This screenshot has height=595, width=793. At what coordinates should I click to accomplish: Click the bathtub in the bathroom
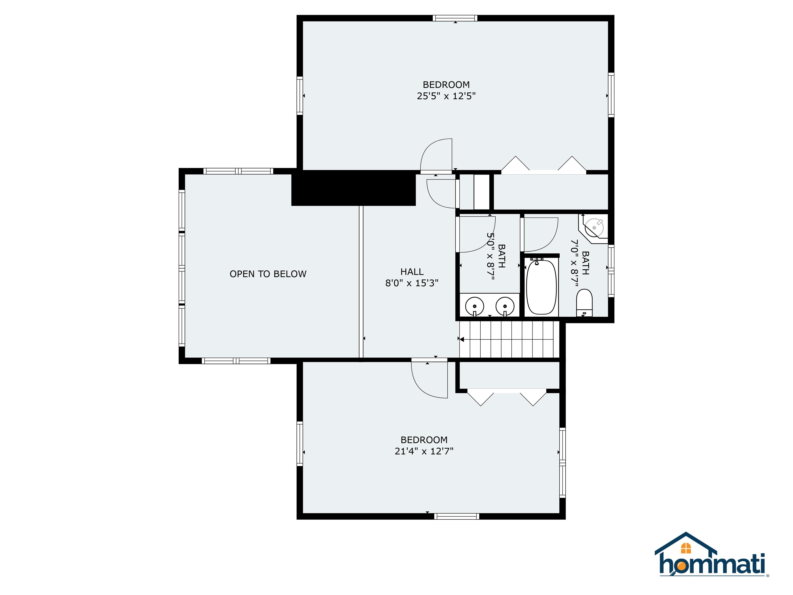(x=541, y=287)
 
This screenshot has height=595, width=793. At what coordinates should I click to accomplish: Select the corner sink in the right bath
(x=595, y=227)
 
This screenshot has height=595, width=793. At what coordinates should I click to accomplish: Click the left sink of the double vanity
(x=475, y=306)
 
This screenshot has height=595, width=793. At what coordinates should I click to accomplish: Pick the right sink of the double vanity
(x=505, y=306)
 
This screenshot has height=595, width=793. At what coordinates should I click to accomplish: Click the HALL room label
(x=412, y=271)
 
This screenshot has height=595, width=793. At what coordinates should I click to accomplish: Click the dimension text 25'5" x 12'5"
(x=446, y=96)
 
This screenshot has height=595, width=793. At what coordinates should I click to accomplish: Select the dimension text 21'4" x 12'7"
(x=424, y=451)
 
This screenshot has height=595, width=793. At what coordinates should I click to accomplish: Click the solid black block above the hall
(x=353, y=188)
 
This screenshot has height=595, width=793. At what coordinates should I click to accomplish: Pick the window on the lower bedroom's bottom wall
(x=456, y=516)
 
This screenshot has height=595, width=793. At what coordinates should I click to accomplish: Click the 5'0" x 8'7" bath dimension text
(x=490, y=256)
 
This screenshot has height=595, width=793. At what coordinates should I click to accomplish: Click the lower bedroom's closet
(x=509, y=375)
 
